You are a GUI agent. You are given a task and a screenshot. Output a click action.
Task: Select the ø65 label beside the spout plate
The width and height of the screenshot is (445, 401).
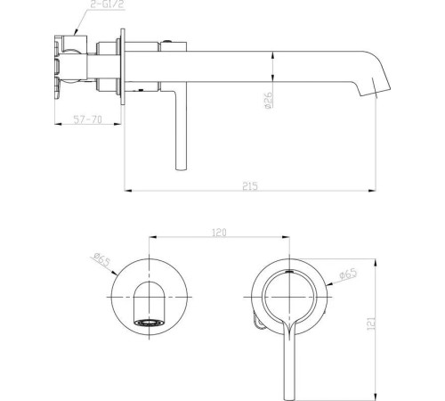[100, 261]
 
